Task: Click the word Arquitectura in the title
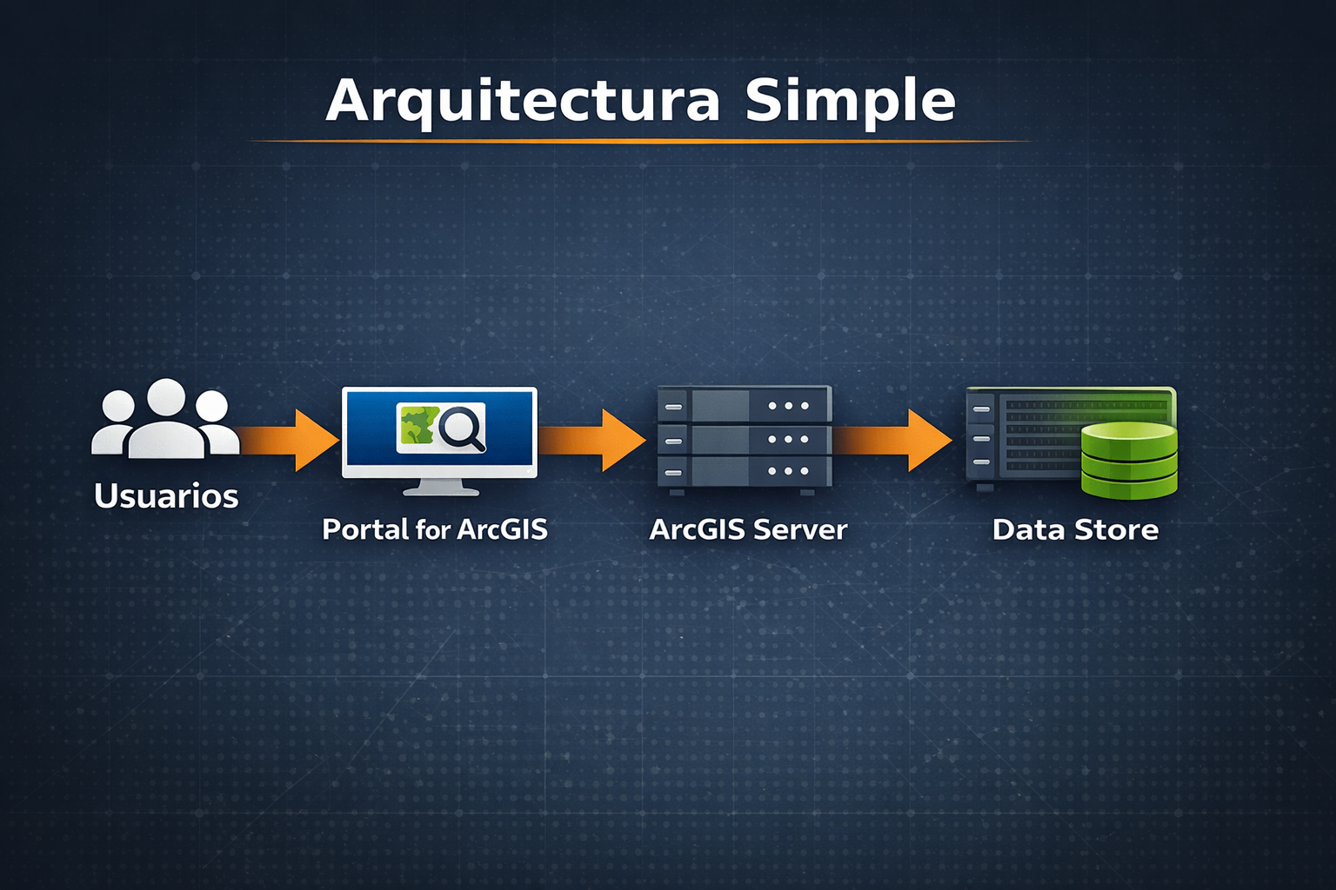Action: (523, 102)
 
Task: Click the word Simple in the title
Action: (850, 102)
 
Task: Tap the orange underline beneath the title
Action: (639, 140)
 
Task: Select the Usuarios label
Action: (166, 496)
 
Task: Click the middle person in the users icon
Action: (166, 422)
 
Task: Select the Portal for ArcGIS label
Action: (435, 529)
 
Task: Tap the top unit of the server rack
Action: (745, 406)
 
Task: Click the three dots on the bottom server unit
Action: (788, 471)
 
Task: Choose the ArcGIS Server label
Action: (748, 529)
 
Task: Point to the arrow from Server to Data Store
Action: (896, 440)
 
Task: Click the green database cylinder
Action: (1129, 461)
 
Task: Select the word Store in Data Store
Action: (1117, 529)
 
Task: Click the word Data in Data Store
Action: (1029, 529)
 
